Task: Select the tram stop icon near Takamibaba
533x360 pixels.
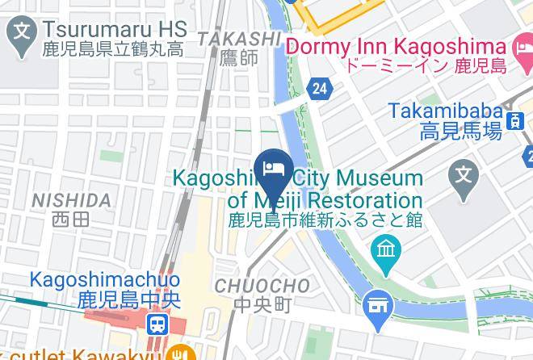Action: point(513,121)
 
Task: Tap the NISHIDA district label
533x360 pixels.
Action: point(70,199)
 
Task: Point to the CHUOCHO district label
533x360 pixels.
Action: point(262,286)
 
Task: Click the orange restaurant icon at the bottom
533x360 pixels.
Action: point(184,353)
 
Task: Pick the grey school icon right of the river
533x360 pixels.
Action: point(464,172)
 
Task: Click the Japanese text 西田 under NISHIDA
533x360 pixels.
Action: point(70,218)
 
